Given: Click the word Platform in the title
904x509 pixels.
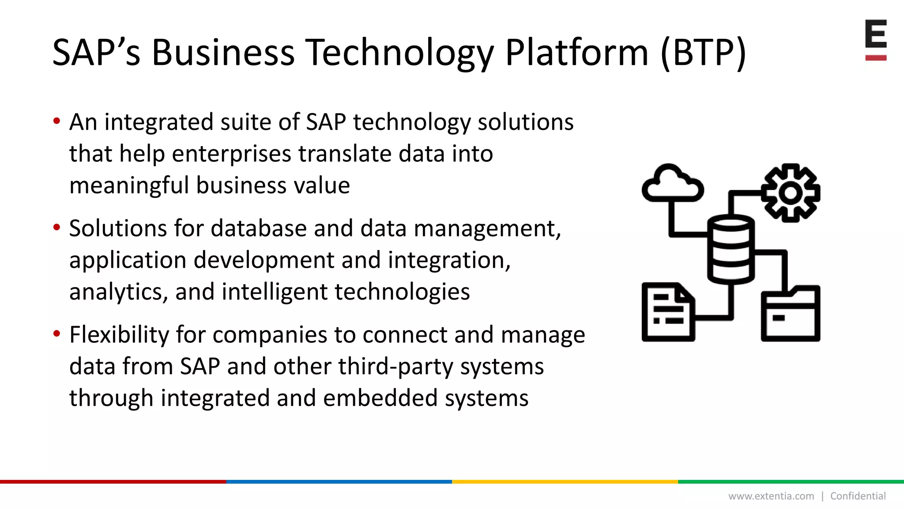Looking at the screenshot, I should [x=576, y=52].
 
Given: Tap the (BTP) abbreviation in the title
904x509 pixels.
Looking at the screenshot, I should [x=703, y=52].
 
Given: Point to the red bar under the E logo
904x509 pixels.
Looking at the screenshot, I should [x=876, y=58].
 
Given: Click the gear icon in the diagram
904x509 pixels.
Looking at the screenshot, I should [x=791, y=193].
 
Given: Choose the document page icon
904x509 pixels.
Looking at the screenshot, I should [x=668, y=312].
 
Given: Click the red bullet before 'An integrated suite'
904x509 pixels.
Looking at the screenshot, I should [x=56, y=121].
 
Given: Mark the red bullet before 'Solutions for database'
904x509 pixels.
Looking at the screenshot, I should [x=56, y=228].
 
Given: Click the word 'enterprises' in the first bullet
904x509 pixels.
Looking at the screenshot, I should [x=231, y=154].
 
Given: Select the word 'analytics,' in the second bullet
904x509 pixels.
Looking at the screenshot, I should [x=118, y=292].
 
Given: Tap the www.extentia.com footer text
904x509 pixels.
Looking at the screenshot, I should [x=771, y=496].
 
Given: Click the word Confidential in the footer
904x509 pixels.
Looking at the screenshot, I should [x=858, y=496].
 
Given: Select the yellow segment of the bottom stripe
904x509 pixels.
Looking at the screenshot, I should [x=565, y=482].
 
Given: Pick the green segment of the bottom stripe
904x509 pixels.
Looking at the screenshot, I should [x=791, y=482].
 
